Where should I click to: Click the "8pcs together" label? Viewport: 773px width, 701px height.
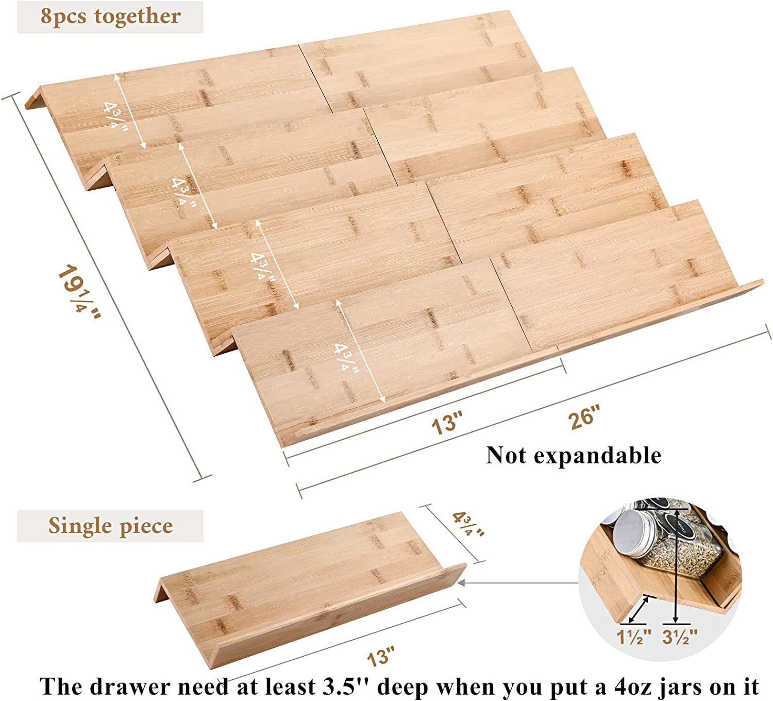coord(111,17)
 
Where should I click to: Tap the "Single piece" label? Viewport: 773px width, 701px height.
coord(110,526)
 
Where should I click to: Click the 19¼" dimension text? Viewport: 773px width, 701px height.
coord(79,292)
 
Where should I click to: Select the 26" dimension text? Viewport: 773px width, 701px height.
coord(584,417)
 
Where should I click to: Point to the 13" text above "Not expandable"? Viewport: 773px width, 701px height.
coord(447,423)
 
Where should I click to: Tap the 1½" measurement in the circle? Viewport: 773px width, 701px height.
coord(634,637)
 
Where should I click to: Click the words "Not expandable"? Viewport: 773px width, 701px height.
coord(574,456)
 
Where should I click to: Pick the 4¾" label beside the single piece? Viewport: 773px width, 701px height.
coord(468,524)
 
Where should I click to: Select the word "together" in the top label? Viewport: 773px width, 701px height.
coord(138,17)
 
